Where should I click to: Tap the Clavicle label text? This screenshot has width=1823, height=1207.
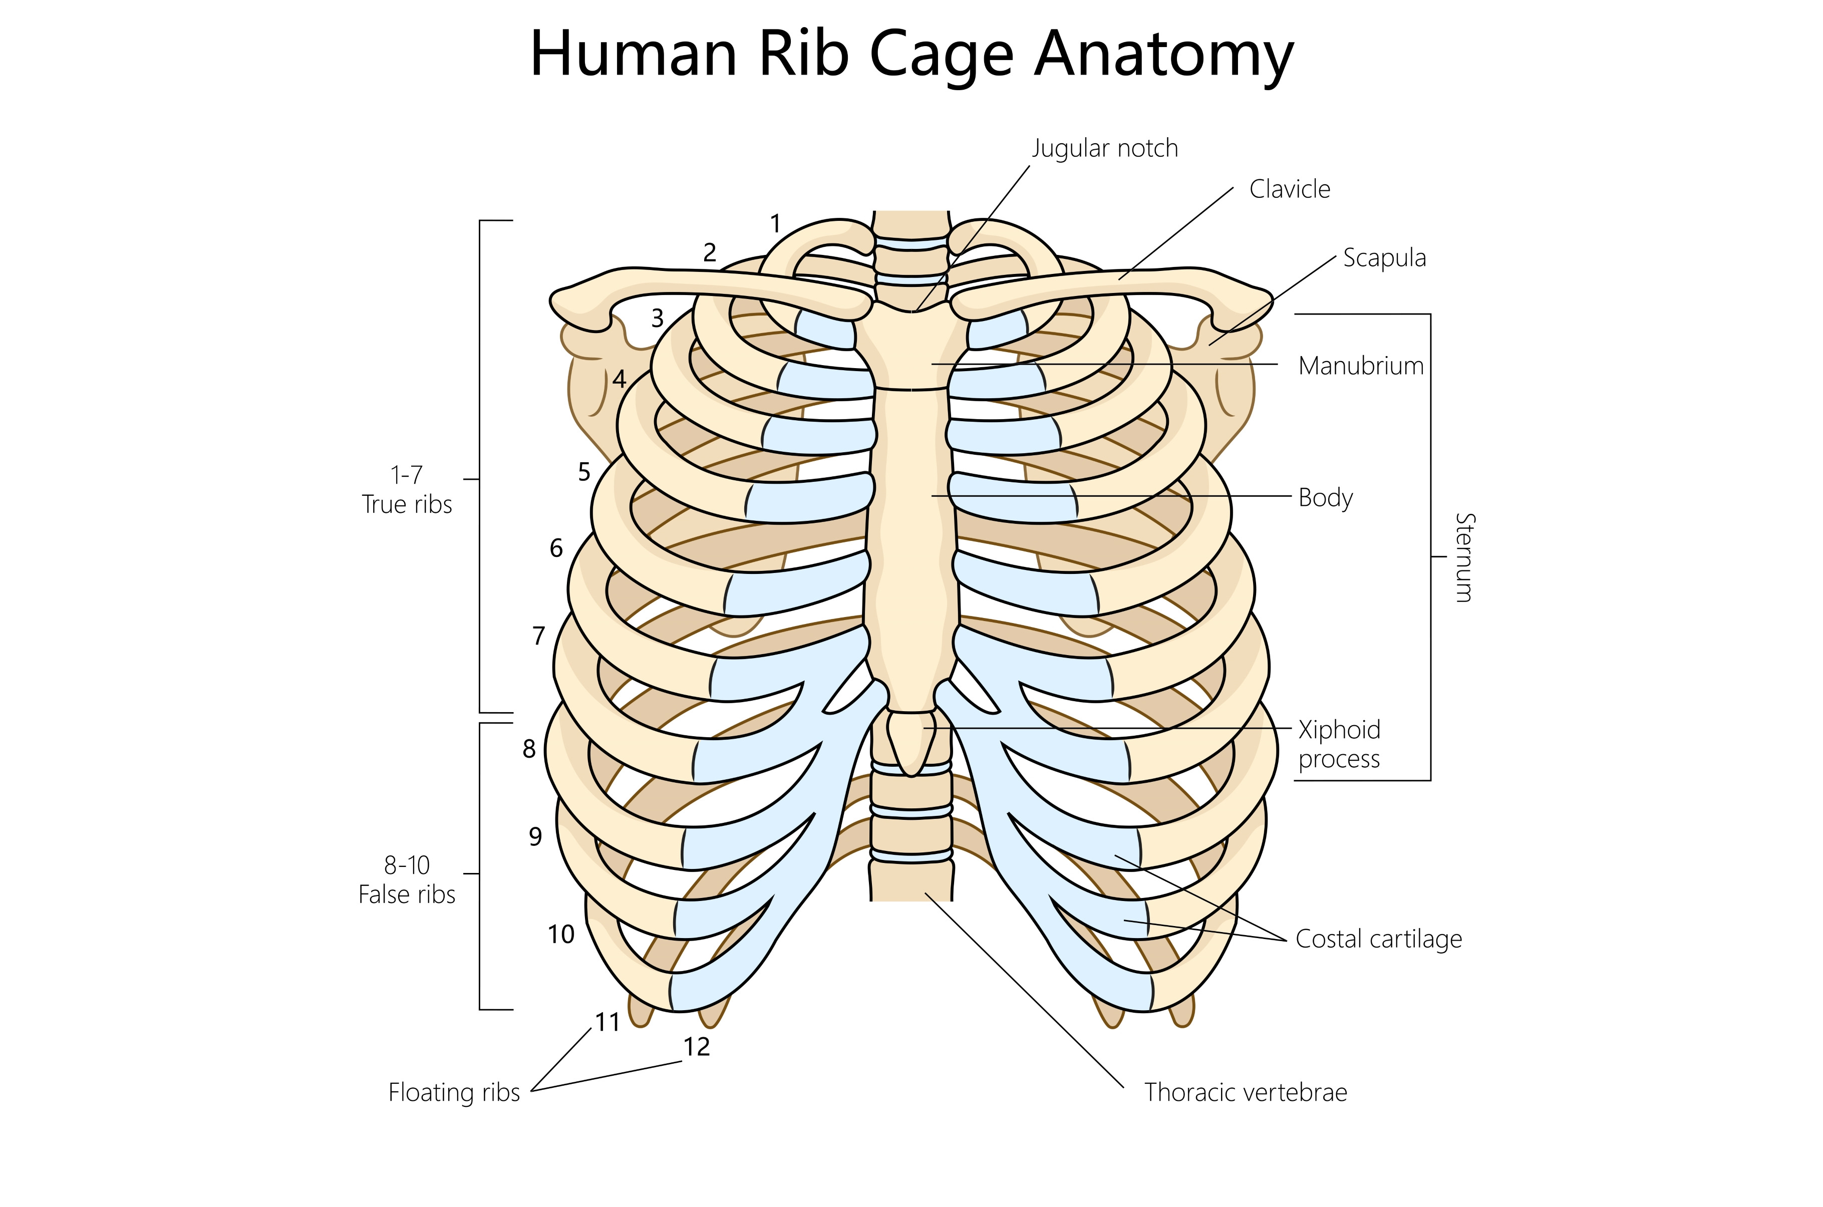(1289, 189)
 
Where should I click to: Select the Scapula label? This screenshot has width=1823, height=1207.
(1384, 258)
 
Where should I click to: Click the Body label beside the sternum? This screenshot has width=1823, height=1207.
(1325, 497)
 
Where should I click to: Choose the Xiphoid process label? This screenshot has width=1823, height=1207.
(1339, 744)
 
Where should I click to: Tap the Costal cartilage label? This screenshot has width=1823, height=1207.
(1378, 939)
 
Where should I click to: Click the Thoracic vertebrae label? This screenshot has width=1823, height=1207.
(1245, 1092)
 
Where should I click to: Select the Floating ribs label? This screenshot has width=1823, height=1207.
(454, 1092)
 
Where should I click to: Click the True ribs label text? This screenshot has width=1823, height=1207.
(407, 504)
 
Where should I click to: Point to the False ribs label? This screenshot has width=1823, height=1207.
(407, 894)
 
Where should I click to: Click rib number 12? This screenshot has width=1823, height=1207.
(697, 1047)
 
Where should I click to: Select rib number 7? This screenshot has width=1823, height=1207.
(539, 636)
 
